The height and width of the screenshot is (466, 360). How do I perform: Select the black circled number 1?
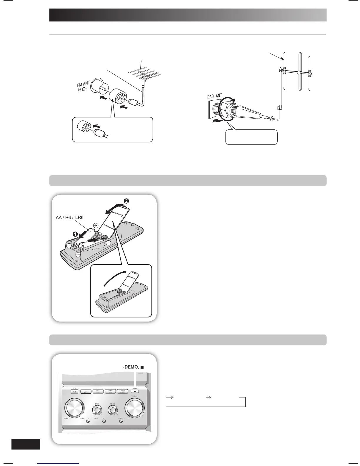point(75,234)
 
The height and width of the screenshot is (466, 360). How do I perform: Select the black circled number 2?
point(126,201)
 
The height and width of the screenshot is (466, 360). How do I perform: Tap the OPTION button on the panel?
point(111,391)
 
